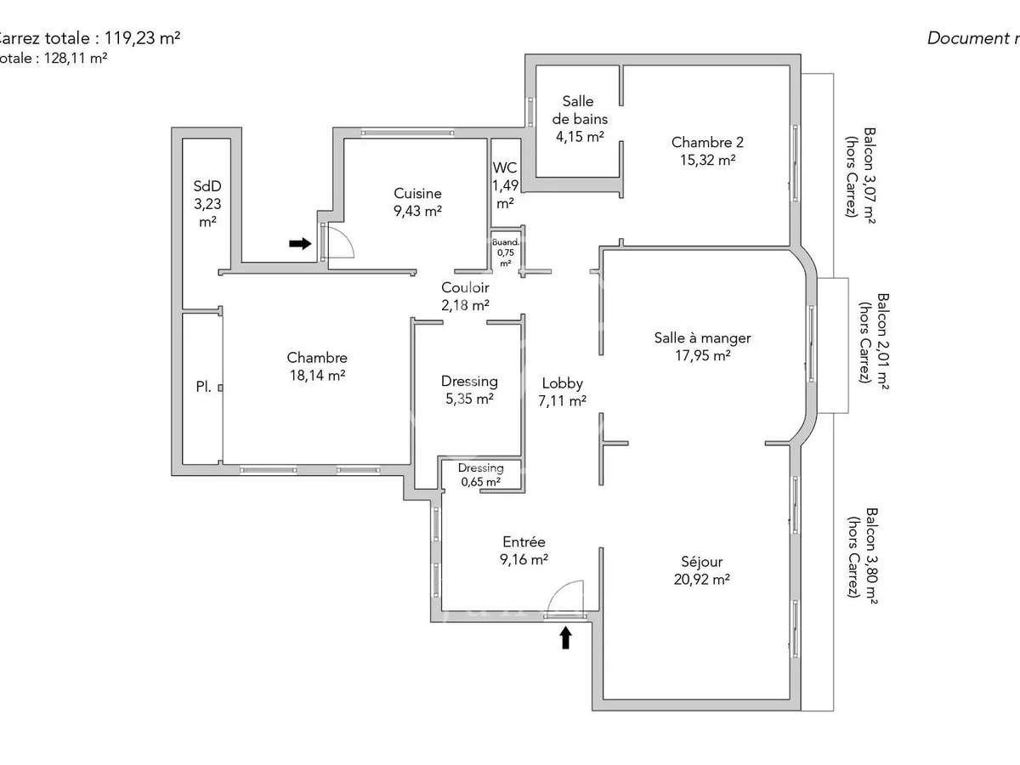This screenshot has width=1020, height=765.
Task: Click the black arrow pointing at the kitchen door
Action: click(300, 244)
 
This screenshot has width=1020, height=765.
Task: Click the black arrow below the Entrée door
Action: click(564, 637)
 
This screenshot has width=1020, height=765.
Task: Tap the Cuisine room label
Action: click(417, 194)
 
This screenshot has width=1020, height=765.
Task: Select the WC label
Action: click(504, 167)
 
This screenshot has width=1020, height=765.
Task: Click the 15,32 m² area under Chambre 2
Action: click(703, 159)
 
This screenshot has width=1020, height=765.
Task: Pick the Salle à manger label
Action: click(702, 337)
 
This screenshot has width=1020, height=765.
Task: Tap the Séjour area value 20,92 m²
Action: click(702, 580)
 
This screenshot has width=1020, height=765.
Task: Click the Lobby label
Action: click(562, 383)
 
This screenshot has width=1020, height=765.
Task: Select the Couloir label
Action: click(465, 287)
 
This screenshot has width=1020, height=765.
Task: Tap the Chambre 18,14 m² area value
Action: click(316, 375)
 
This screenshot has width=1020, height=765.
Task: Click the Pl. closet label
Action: click(203, 387)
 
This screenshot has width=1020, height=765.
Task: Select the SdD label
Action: click(207, 186)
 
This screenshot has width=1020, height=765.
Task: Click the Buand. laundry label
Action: click(506, 242)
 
